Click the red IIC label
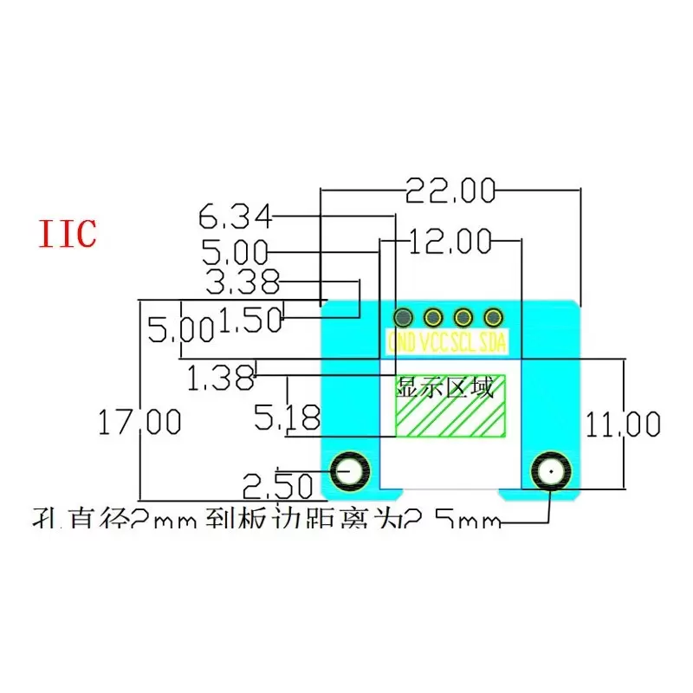(x=67, y=234)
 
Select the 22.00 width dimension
(x=450, y=191)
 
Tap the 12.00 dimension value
(x=450, y=241)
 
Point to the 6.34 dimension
(x=235, y=214)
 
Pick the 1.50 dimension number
(x=251, y=321)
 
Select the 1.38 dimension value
(x=223, y=377)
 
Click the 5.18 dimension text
(x=287, y=419)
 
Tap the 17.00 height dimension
(x=139, y=423)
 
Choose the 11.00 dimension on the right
(x=622, y=424)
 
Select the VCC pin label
(x=433, y=341)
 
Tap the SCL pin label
(x=463, y=341)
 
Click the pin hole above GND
(x=403, y=316)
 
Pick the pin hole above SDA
(x=494, y=316)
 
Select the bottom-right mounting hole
(x=550, y=473)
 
